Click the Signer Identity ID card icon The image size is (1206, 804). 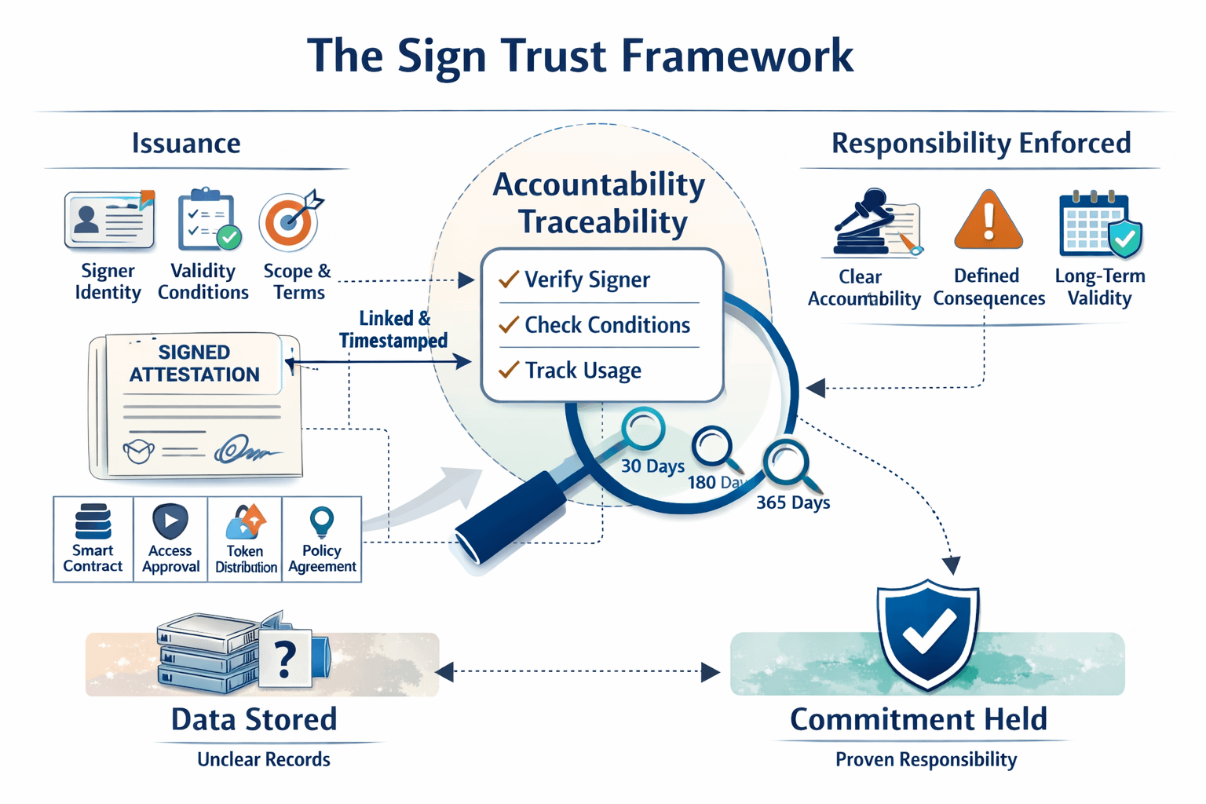point(108,221)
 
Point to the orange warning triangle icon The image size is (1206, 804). point(988,221)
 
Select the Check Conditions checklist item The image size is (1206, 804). point(606,325)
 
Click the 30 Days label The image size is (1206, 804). point(652,466)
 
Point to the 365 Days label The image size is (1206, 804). point(793,502)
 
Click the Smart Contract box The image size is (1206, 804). point(93,539)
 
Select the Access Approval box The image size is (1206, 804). point(170,539)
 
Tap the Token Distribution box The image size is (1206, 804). point(246,539)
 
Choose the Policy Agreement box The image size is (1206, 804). point(322,539)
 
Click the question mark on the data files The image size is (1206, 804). point(286,659)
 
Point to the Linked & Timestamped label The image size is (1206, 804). point(393,329)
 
